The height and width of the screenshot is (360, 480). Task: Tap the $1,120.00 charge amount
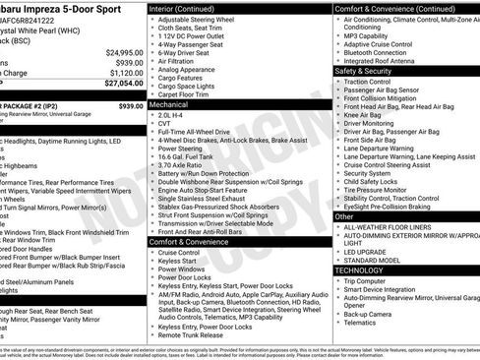(126, 73)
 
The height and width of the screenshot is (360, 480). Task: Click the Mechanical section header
(170, 102)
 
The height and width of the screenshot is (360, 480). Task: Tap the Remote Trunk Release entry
(193, 334)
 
